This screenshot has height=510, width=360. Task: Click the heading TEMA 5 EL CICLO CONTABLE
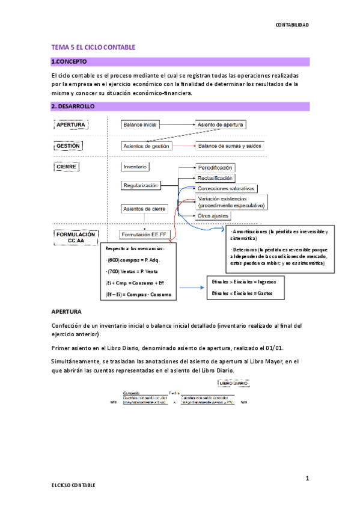pos(93,47)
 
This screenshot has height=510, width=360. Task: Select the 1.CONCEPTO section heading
pos(70,62)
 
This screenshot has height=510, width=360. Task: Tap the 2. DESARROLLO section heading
pos(73,106)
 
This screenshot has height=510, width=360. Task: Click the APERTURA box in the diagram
pos(71,124)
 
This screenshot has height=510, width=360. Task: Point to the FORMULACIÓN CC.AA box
pos(75,237)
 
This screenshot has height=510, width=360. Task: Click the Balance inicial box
pos(140,124)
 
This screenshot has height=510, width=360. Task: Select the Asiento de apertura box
pos(221,124)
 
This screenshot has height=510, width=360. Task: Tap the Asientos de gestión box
pos(146,146)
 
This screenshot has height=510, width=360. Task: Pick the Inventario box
pos(135,166)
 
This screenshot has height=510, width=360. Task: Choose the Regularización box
pos(141,186)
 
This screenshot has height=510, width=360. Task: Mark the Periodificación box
pos(215,168)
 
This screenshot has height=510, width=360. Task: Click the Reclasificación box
pos(215,178)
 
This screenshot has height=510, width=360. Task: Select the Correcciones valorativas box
pos(226,188)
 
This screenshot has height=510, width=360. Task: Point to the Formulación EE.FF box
pos(145,234)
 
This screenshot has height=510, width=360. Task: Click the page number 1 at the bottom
pos(307,478)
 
